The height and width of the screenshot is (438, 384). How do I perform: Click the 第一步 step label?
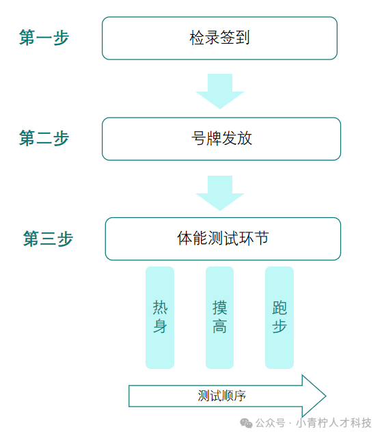(x=44, y=38)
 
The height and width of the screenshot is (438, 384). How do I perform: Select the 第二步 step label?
(x=44, y=138)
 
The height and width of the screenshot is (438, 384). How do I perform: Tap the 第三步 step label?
(x=48, y=238)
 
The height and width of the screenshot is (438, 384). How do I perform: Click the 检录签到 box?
(x=219, y=38)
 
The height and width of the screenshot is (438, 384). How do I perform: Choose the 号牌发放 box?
(x=221, y=139)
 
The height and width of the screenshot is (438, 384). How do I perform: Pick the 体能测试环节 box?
(x=223, y=239)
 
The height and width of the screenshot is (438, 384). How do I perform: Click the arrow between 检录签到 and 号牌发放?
(x=220, y=92)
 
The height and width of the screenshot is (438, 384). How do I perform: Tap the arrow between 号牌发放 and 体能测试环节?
(x=220, y=193)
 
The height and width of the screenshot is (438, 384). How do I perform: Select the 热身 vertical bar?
(x=160, y=318)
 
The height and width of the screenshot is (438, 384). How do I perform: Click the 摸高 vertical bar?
(x=219, y=318)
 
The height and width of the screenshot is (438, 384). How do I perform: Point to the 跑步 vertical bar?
(x=279, y=318)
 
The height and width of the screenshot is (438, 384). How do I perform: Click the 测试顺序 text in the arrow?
(x=222, y=396)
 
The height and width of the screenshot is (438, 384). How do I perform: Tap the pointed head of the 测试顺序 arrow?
(x=326, y=396)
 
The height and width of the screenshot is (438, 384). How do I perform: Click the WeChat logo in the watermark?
(x=246, y=423)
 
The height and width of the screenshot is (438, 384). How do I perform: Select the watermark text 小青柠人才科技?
(x=333, y=423)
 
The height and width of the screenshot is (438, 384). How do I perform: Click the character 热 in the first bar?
(x=160, y=307)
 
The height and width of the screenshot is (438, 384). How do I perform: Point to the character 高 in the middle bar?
(x=220, y=326)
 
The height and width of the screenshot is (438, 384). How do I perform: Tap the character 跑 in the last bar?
(x=279, y=307)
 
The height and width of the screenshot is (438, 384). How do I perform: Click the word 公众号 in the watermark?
(x=271, y=423)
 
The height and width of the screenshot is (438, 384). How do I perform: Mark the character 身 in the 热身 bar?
(x=160, y=326)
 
